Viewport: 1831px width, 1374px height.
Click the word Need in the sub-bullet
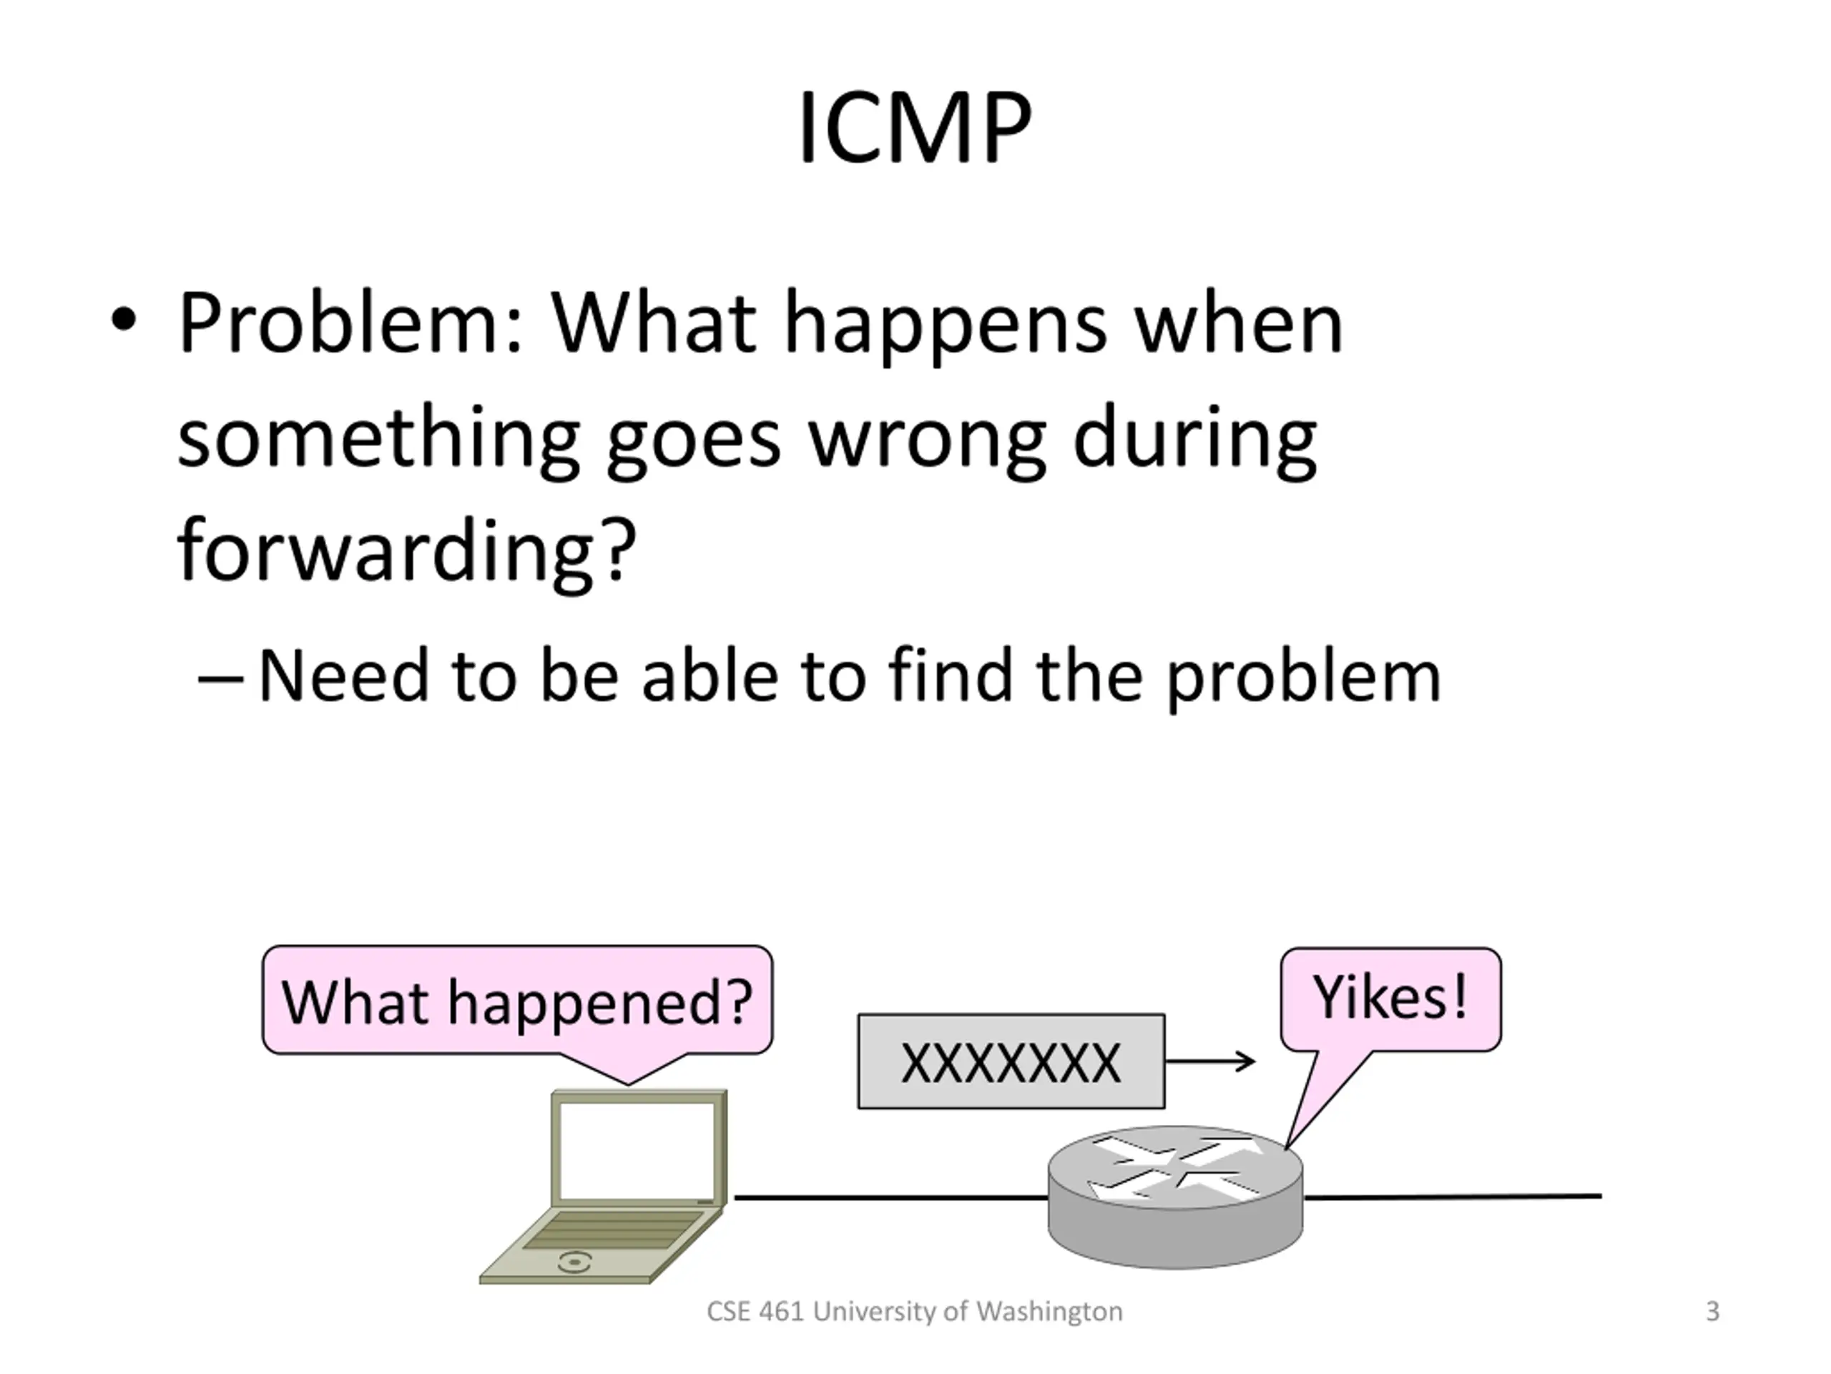click(343, 677)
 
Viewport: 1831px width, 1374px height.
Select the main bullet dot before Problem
click(122, 321)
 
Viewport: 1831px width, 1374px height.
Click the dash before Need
click(220, 680)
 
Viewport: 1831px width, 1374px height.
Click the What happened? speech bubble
click(517, 1001)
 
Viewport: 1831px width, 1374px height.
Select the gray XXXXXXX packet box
click(1011, 1062)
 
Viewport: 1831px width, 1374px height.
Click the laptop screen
click(637, 1151)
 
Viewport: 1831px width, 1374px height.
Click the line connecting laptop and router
click(890, 1197)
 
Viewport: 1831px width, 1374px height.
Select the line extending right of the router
click(1452, 1197)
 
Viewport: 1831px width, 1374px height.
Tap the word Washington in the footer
click(1049, 1312)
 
